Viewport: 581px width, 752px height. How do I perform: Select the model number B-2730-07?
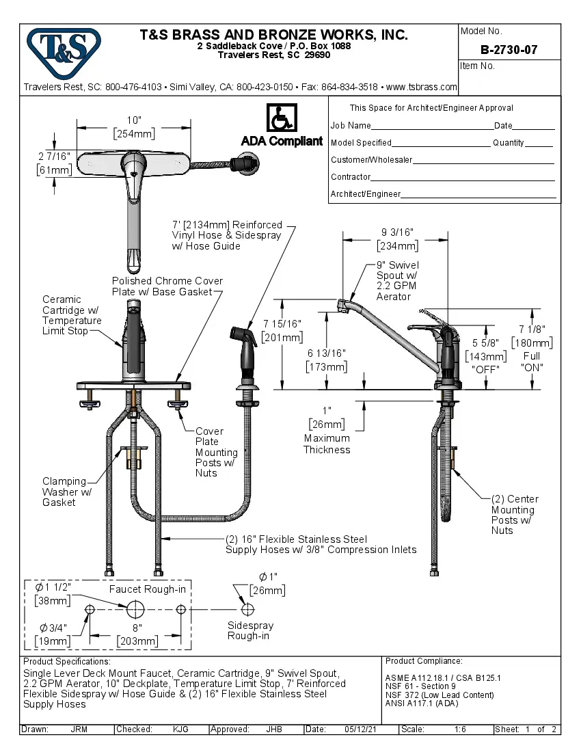pyautogui.click(x=509, y=50)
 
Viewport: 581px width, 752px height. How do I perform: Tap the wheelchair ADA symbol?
pyautogui.click(x=281, y=118)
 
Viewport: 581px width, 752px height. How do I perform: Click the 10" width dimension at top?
pyautogui.click(x=134, y=120)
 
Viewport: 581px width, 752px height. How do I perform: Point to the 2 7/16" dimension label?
pyautogui.click(x=54, y=157)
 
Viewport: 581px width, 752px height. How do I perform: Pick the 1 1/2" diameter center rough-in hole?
pyautogui.click(x=135, y=608)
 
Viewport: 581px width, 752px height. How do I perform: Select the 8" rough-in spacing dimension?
pyautogui.click(x=137, y=628)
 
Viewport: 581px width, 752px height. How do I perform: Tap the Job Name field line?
pyautogui.click(x=431, y=126)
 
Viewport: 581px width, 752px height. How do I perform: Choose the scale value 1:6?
pyautogui.click(x=459, y=729)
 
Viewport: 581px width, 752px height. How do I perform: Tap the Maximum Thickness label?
pyautogui.click(x=327, y=444)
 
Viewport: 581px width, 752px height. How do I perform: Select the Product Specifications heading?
pyautogui.click(x=67, y=662)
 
